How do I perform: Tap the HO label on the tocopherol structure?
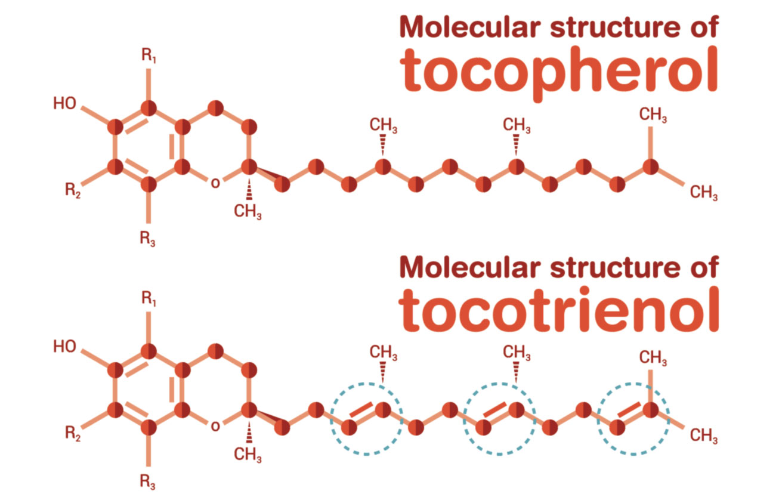coord(64,103)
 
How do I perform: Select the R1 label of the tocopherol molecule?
coord(149,55)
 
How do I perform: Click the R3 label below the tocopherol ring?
coord(147,239)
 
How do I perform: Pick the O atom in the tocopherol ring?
coord(215,183)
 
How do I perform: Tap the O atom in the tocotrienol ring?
coord(215,426)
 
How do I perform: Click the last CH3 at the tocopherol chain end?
coord(703,192)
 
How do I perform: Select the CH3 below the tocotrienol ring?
coord(248,455)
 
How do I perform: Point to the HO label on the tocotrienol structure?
coord(64,347)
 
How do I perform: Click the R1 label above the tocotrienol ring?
coord(149,299)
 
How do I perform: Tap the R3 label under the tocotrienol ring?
coord(147,482)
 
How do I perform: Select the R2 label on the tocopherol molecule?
coord(73,190)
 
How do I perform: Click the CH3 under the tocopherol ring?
coord(248,211)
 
